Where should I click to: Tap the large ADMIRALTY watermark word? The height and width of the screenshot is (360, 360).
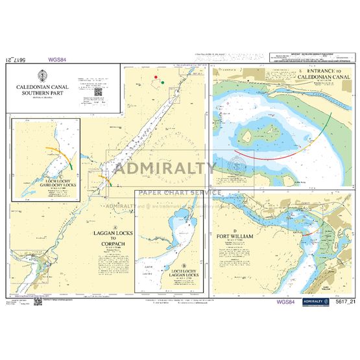tap(165, 170)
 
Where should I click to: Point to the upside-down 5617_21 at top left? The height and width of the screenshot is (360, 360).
tap(19, 60)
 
